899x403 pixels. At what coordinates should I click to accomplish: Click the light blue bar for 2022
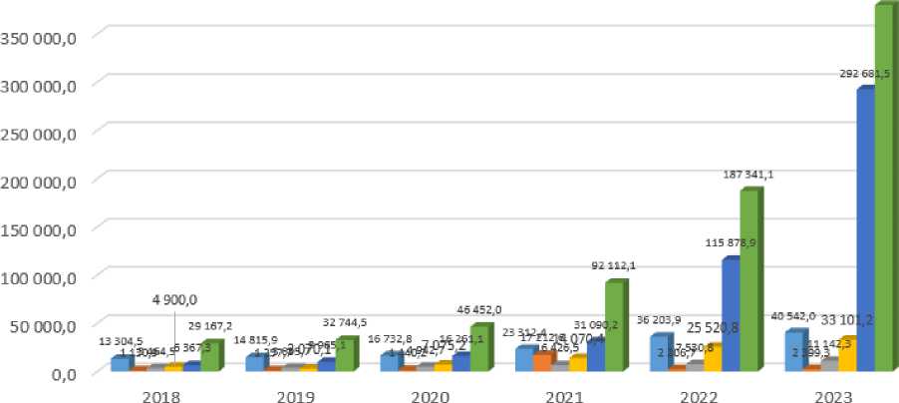(x=658, y=354)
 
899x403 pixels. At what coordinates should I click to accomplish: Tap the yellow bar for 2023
(x=847, y=355)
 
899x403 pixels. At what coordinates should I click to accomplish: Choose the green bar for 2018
(x=210, y=357)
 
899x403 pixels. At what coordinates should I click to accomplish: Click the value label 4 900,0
(x=174, y=298)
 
